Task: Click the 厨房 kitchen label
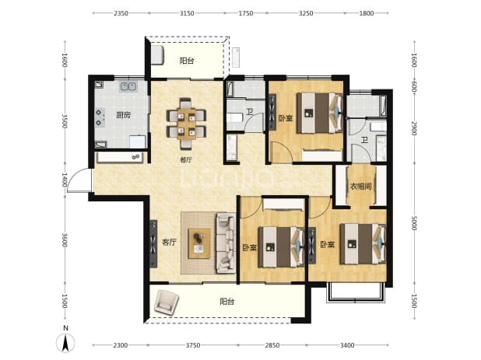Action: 124,115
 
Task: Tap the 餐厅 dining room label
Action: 186,159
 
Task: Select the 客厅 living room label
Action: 170,242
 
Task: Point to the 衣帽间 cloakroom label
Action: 361,186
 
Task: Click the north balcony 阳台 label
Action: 187,61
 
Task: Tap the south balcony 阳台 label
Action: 227,302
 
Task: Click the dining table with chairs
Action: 186,124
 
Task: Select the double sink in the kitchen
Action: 128,86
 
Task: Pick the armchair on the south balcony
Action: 166,302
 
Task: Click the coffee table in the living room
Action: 199,243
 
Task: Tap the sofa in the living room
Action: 226,243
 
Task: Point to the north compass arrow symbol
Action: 65,343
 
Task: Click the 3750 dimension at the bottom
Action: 193,345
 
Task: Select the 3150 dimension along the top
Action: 187,13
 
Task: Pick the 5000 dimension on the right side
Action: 414,223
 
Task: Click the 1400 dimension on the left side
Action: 65,180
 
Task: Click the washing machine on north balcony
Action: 157,55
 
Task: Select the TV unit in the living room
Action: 153,244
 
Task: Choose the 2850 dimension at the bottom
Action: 272,345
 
